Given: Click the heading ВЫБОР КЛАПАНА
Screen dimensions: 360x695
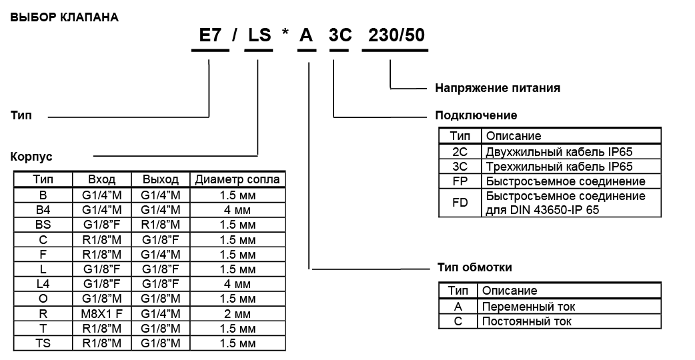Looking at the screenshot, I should coord(65,17).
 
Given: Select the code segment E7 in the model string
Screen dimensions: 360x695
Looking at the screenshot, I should coord(210,36).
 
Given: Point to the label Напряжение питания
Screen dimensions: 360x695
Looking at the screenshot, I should coord(498,87).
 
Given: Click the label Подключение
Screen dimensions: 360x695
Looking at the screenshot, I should coord(476,115).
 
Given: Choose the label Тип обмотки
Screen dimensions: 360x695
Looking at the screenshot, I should coord(475,267).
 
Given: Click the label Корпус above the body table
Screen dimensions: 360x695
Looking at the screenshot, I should coord(32,157).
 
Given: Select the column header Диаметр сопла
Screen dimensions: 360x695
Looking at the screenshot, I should coord(237,179).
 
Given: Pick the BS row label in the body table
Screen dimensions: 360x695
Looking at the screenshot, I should coord(43,225).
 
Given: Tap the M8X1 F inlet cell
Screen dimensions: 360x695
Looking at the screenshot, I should coord(102,313).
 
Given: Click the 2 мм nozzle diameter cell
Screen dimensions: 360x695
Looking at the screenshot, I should coord(237,313).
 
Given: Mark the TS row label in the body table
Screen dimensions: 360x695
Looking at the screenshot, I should coord(43,343).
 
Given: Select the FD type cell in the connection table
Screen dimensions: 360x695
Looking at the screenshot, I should coord(460,203).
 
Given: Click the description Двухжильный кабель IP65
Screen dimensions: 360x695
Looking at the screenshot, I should coord(559,151).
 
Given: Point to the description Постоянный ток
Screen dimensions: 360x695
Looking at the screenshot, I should coord(527,321).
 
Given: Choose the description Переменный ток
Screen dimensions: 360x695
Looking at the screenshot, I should coord(528,307).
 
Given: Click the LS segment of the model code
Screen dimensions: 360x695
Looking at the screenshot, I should coord(259,36).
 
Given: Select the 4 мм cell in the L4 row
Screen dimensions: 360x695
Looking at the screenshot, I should coord(237,284).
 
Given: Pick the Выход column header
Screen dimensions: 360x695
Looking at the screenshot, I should coord(161,179).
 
